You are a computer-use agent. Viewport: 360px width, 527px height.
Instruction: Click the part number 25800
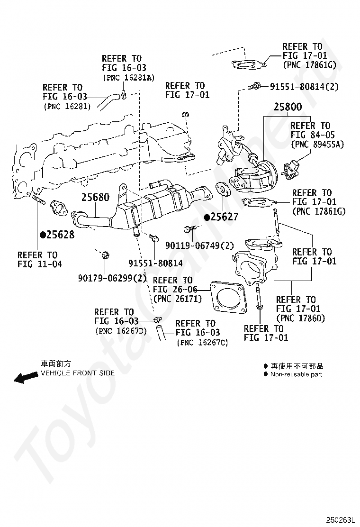coord(288,107)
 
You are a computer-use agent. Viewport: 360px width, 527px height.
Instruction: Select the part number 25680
coord(95,197)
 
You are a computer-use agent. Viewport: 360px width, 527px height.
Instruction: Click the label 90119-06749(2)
coord(199,245)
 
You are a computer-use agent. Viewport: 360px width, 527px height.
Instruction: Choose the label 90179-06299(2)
coord(113,278)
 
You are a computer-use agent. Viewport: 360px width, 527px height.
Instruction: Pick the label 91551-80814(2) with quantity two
coord(304,87)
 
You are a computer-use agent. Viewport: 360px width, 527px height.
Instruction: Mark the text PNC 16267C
coord(203,343)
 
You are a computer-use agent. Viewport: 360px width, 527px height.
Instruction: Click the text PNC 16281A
coord(129,78)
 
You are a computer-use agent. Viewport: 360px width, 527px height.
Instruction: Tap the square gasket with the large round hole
coord(228,297)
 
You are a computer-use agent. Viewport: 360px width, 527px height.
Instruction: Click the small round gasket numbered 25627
coord(223,189)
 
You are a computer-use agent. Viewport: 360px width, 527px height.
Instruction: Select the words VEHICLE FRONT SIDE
coord(78,373)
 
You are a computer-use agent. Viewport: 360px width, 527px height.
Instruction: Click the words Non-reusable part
coord(296,374)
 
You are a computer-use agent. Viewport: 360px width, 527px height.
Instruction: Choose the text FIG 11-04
coord(40,264)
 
